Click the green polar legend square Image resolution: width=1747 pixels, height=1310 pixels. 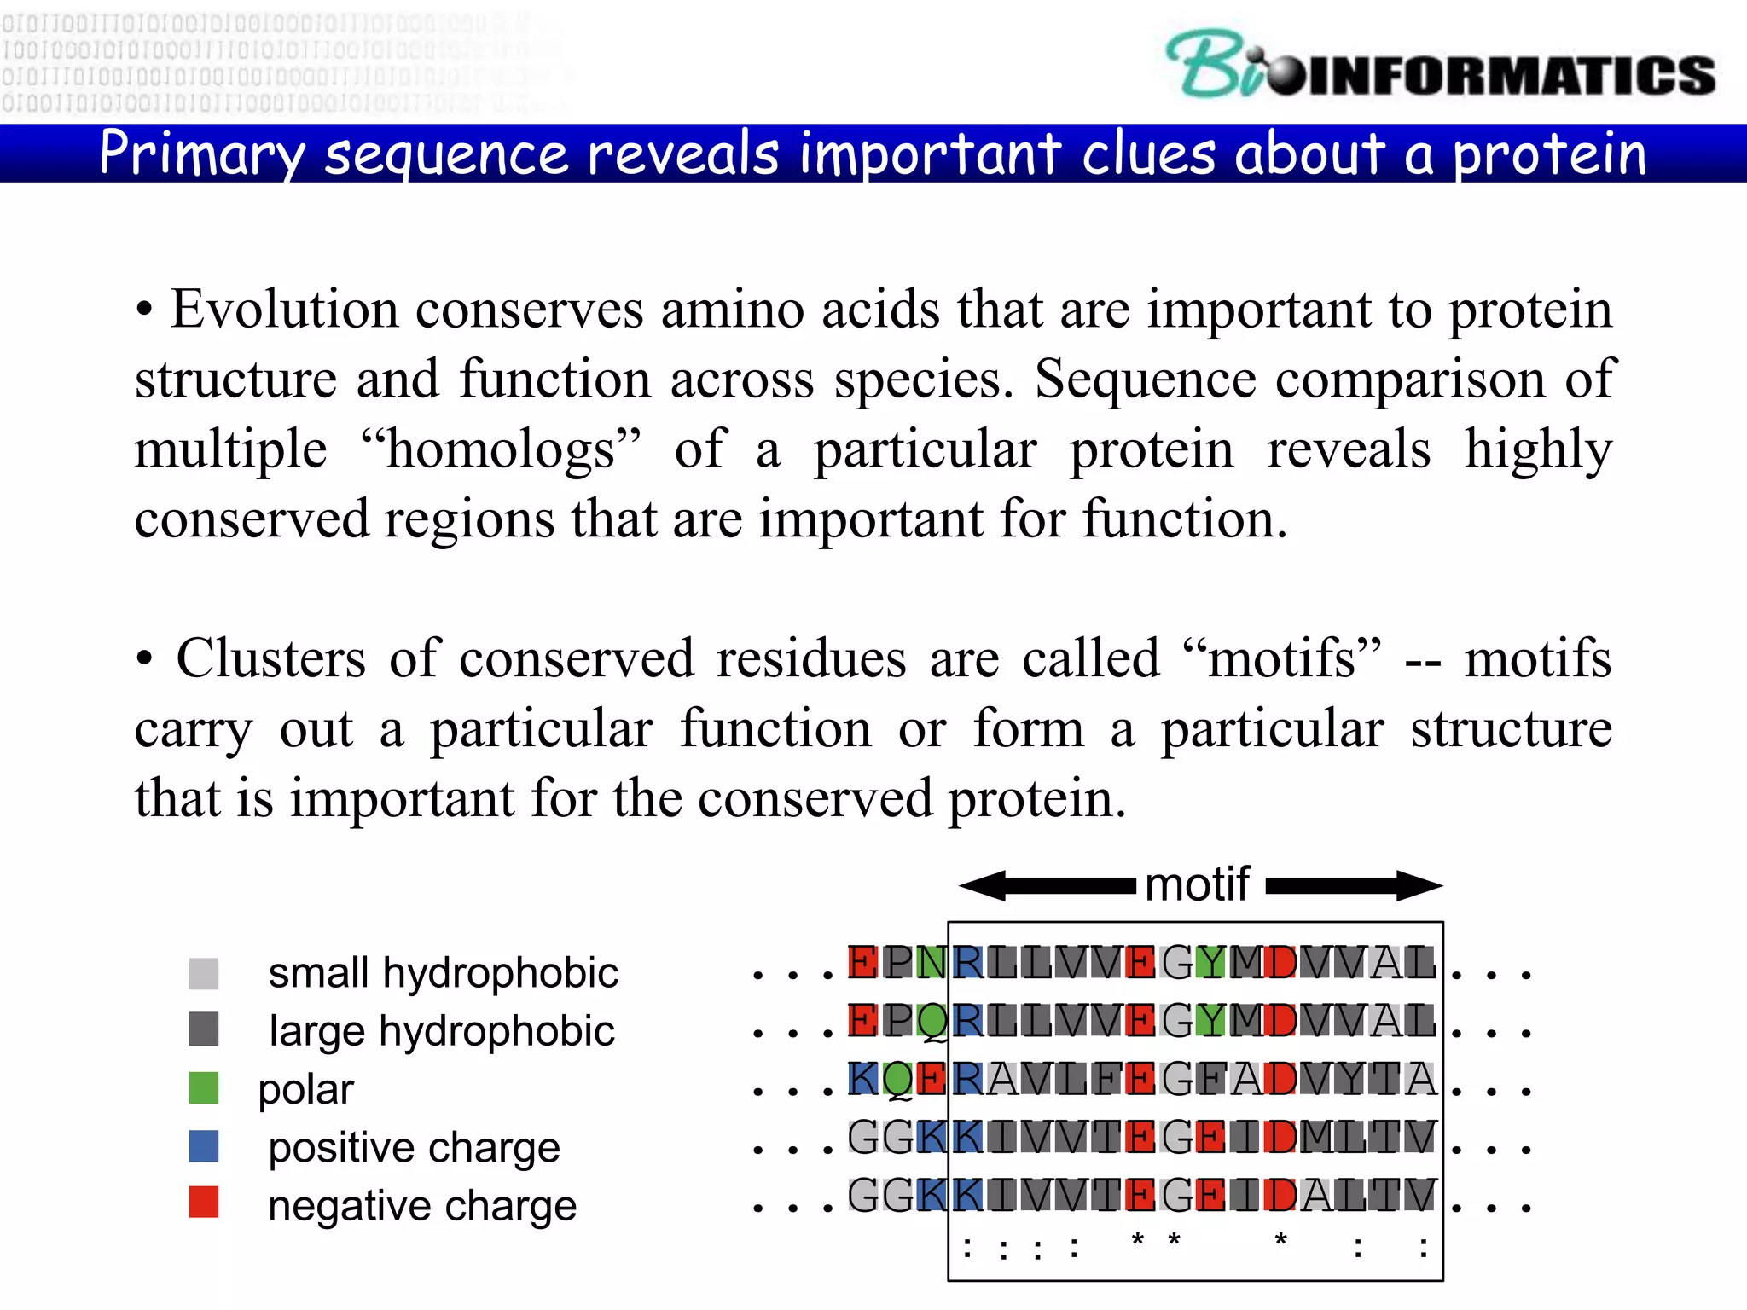click(x=204, y=1088)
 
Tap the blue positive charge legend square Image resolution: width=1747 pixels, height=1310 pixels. click(x=204, y=1146)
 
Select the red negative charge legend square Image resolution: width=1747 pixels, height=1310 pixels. click(x=204, y=1203)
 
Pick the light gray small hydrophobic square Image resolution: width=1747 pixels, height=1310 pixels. click(x=204, y=973)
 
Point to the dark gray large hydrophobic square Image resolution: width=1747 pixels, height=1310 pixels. click(x=204, y=1029)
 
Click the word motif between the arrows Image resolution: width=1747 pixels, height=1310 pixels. click(x=1197, y=884)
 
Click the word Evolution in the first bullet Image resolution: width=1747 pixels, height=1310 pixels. click(x=284, y=309)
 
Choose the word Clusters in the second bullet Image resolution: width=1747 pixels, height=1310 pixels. click(x=270, y=658)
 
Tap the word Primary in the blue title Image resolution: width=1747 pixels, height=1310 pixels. click(x=201, y=154)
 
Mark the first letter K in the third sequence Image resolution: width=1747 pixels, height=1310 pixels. click(x=862, y=1079)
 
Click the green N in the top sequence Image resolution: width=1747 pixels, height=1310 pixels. click(x=931, y=963)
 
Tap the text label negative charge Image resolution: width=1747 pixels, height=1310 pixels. click(x=422, y=1206)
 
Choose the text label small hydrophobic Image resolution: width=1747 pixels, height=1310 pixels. click(x=443, y=973)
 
